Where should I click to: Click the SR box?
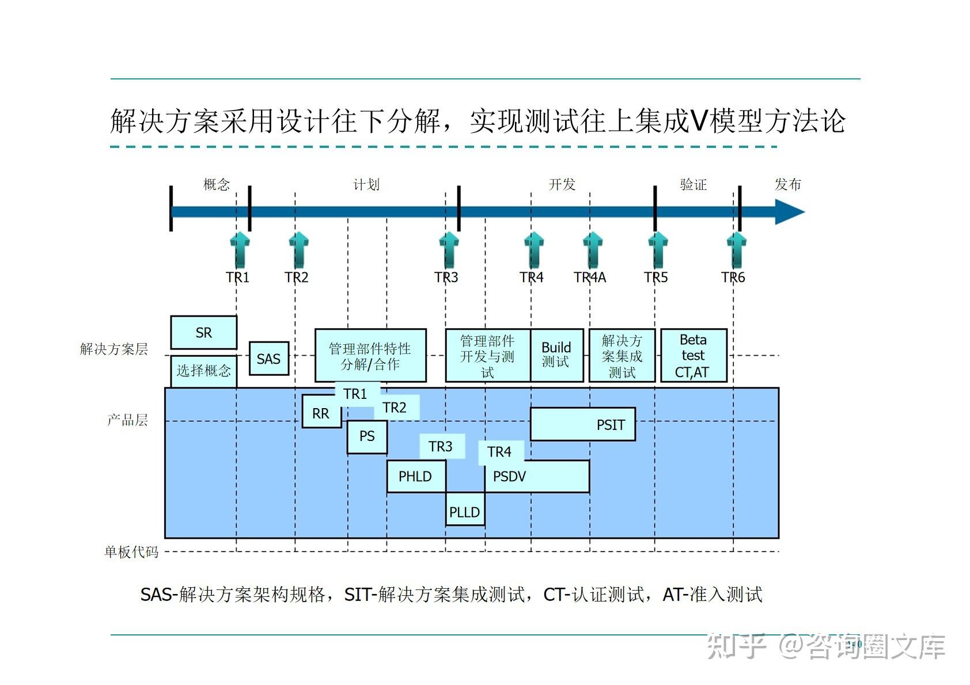203,332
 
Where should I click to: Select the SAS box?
268,359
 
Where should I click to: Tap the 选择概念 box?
203,371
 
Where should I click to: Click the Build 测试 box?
556,355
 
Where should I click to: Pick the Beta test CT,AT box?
693,355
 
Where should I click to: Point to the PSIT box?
582,425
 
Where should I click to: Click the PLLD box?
464,511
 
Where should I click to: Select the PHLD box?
415,476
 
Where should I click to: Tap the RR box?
321,413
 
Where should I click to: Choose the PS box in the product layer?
367,436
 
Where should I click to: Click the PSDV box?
536,476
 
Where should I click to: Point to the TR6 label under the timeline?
733,277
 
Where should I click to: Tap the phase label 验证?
693,185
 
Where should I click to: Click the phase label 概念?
217,185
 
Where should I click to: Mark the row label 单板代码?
131,552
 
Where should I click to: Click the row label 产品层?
127,420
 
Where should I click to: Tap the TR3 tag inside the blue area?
441,446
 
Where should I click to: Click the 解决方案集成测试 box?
622,355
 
